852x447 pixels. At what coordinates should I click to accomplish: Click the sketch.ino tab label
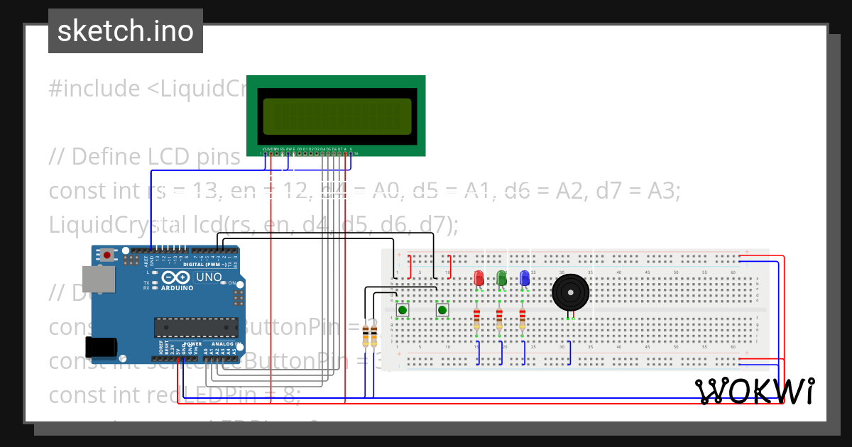pos(125,31)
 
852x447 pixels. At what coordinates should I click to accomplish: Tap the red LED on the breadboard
pos(479,278)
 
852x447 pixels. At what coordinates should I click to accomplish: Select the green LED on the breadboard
pos(501,278)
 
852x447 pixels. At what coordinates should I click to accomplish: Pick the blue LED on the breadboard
pos(524,278)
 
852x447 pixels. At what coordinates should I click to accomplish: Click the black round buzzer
pos(570,292)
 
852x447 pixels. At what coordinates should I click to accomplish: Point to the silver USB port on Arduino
pos(97,279)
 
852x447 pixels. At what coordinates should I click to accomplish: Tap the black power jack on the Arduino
pos(100,346)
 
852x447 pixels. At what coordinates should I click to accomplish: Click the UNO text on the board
pos(209,277)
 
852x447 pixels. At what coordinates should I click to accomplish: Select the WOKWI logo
pos(755,391)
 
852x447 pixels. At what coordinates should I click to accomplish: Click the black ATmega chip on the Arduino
pos(197,327)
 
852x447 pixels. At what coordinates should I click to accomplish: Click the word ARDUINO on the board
pos(176,288)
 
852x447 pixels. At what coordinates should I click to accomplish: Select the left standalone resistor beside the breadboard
pos(366,336)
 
